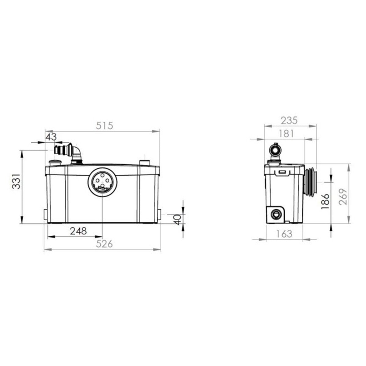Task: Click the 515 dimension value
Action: coord(104,126)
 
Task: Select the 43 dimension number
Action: coord(51,137)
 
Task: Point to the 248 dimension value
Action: coord(79,231)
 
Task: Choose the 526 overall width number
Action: coord(104,244)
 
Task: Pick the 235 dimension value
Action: coord(289,120)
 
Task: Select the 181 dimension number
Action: coord(286,133)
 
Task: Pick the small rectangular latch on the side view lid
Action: coord(283,172)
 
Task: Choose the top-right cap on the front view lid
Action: coord(144,162)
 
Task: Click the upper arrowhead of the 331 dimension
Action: coord(22,153)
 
